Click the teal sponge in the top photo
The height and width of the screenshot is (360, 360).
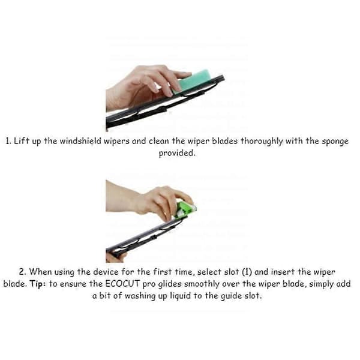193,82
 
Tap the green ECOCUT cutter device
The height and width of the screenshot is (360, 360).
185,209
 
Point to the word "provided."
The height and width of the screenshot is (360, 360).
177,154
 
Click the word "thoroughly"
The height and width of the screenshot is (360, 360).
262,142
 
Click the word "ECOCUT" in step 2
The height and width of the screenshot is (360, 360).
122,284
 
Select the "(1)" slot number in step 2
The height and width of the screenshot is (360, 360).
247,272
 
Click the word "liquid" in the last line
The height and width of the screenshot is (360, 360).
181,296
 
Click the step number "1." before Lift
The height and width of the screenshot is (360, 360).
8,141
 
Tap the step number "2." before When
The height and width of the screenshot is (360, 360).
23,272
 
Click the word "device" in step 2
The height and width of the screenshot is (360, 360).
106,272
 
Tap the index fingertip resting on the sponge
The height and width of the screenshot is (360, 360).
187,74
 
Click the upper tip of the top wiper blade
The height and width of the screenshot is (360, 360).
223,77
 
